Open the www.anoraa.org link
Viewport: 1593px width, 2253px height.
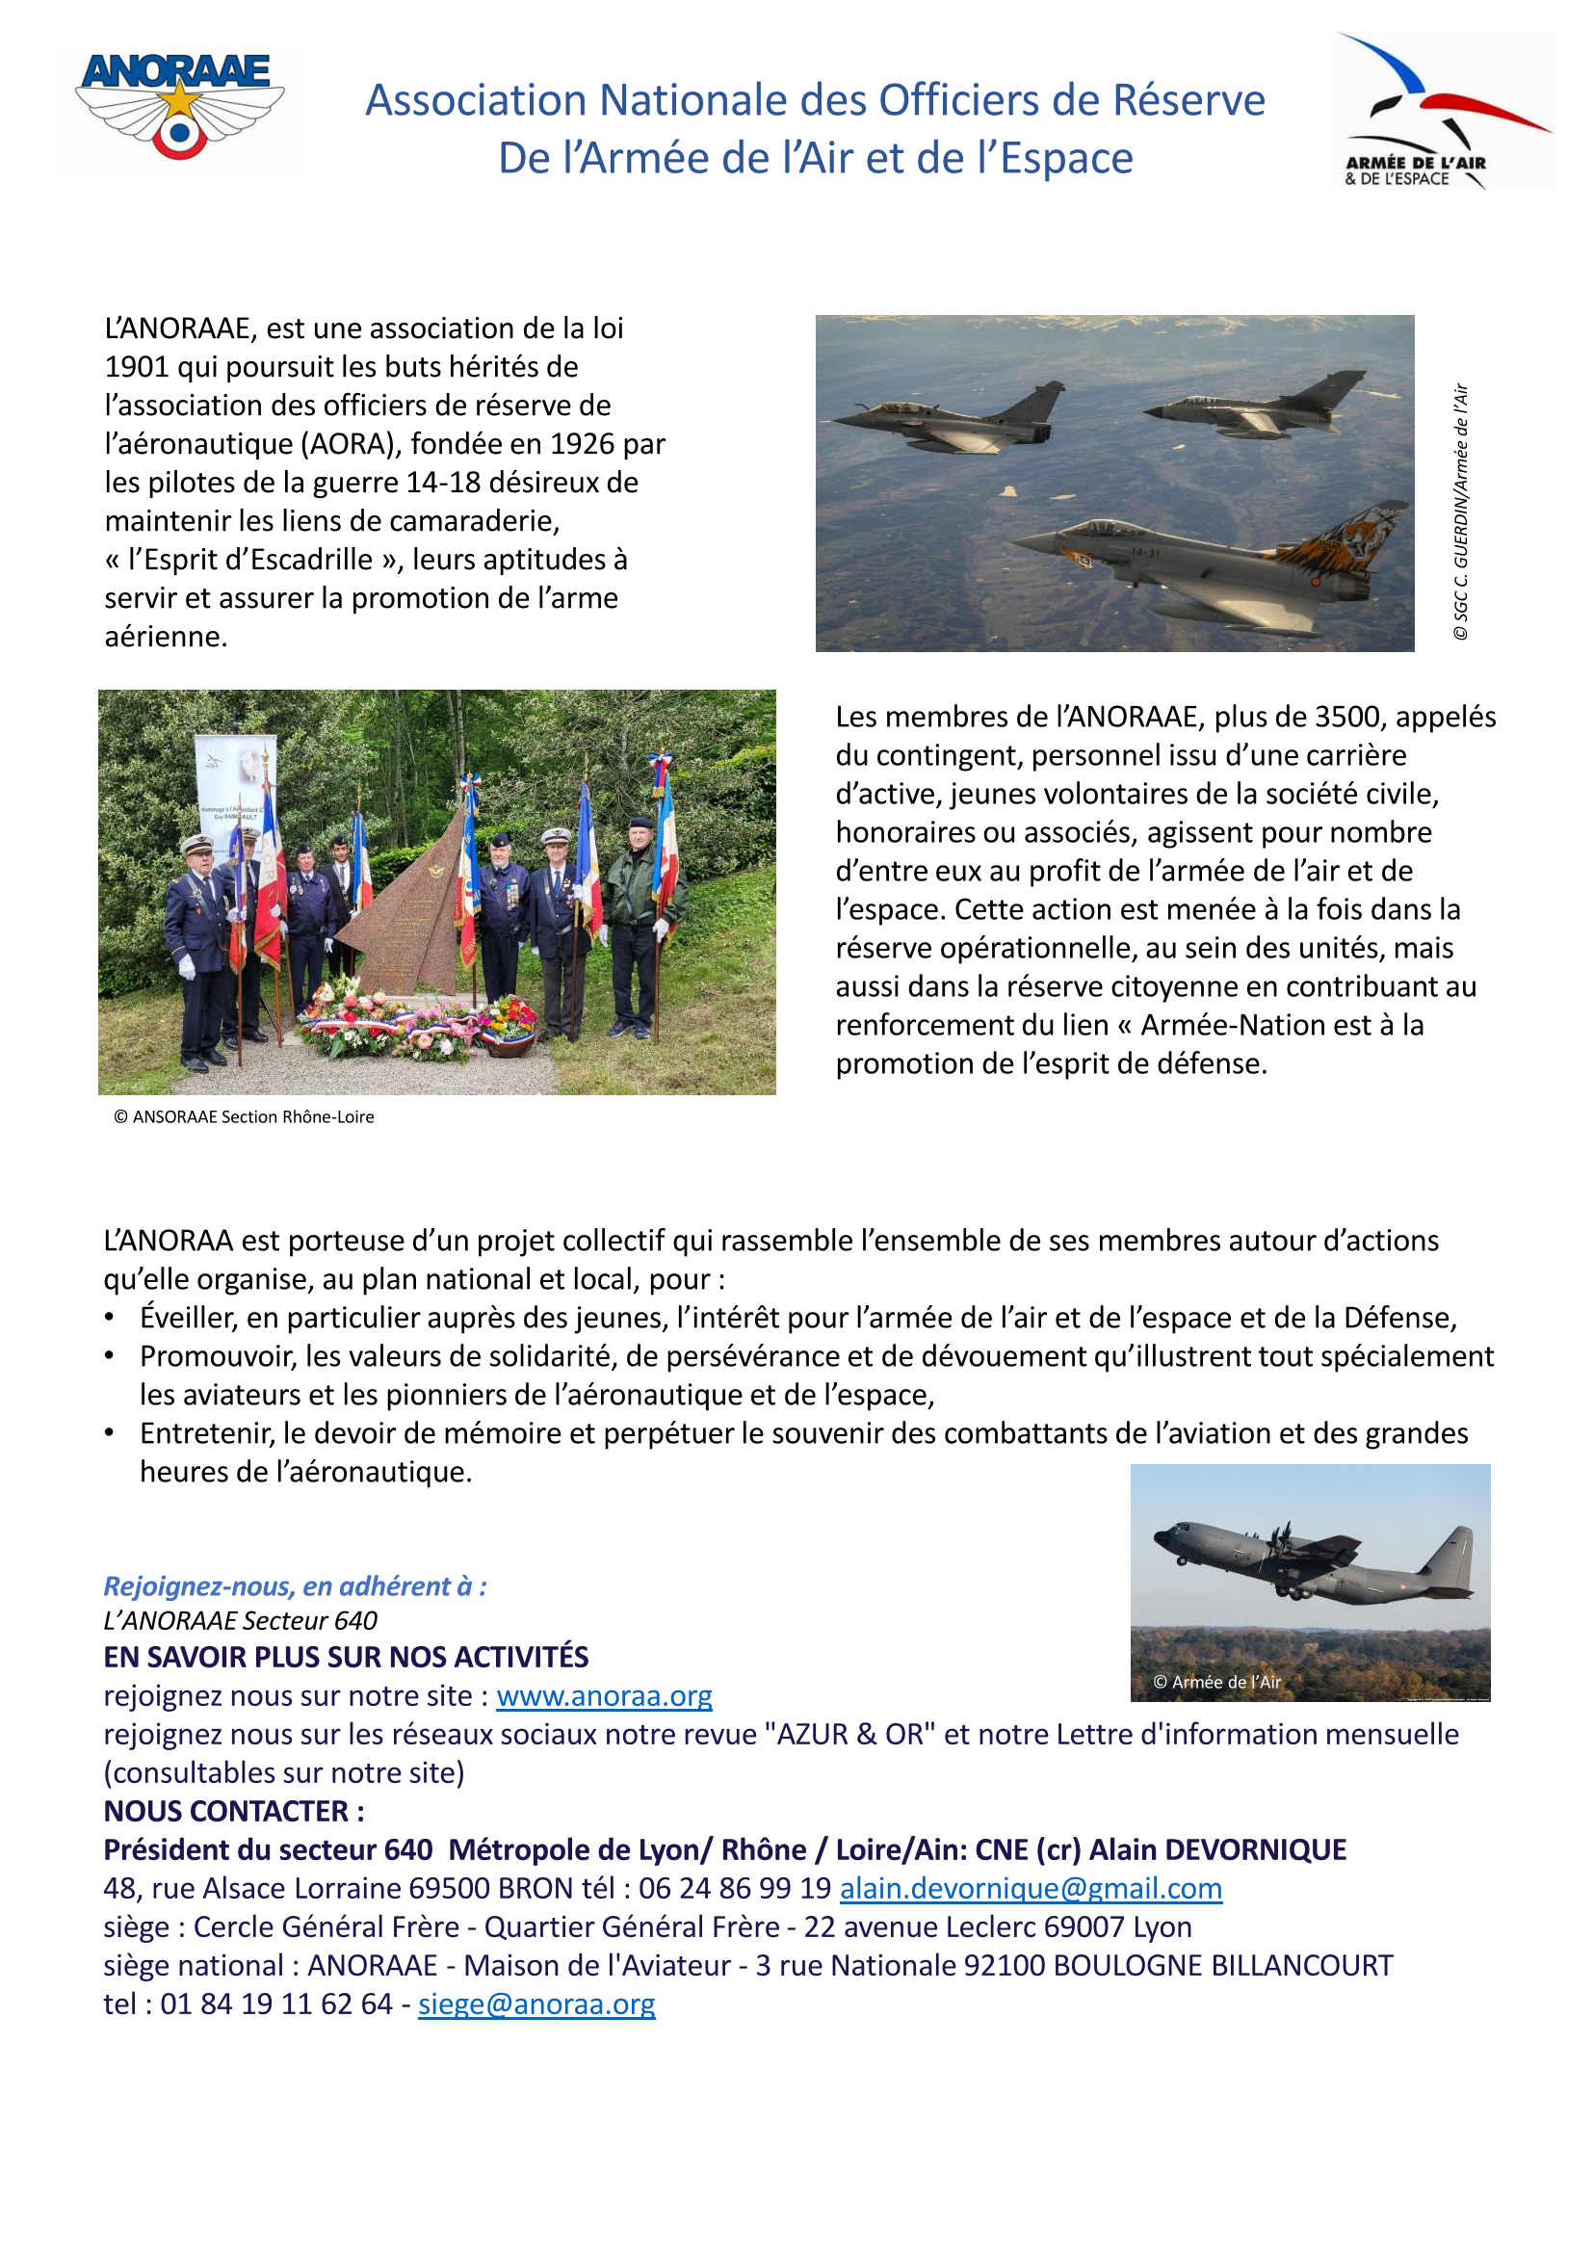[x=603, y=1695]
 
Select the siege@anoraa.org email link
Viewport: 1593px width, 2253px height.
[x=535, y=2004]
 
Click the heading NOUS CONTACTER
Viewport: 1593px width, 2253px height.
[x=233, y=1811]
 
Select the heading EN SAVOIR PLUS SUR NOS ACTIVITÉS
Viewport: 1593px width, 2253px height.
[x=346, y=1658]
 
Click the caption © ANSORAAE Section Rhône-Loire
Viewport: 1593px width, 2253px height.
[x=245, y=1116]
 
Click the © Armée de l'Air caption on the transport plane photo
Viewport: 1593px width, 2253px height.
[x=1216, y=1682]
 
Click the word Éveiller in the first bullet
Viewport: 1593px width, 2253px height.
[x=189, y=1318]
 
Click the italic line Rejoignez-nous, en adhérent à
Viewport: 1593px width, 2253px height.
[x=295, y=1586]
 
